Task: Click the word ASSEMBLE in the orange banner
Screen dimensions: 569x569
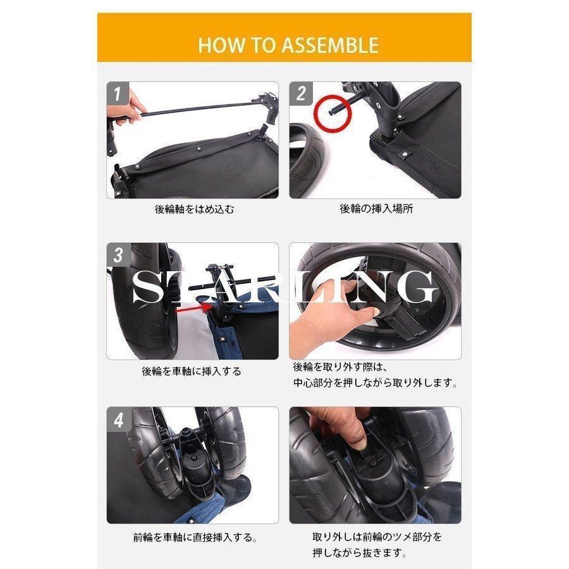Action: coord(330,46)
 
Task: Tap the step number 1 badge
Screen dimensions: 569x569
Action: coord(118,94)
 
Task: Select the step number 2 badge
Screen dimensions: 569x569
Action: coord(300,94)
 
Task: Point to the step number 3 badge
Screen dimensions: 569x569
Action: coord(118,255)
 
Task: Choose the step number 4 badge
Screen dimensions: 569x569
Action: coord(118,420)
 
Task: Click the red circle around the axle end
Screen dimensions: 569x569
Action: coord(333,113)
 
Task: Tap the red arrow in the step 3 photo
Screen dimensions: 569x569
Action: coord(193,309)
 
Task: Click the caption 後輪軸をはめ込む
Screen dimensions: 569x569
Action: coord(195,209)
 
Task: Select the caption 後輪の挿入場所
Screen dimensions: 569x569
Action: coord(376,209)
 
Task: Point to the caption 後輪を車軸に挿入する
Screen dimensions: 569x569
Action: coord(192,371)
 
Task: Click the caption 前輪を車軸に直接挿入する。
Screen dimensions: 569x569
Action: coord(195,537)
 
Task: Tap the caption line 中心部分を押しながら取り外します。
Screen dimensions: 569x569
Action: coord(376,383)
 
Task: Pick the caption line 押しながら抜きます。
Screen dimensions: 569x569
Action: coord(360,553)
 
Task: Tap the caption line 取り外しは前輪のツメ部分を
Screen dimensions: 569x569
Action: coord(377,537)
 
